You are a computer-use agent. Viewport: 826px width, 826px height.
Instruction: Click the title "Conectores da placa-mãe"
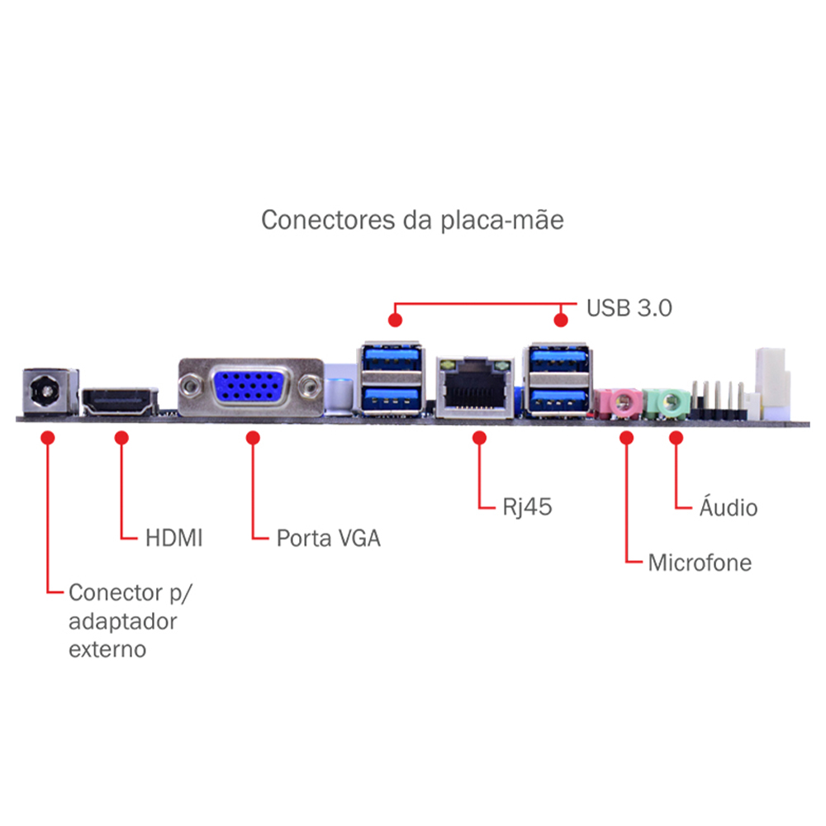pos(412,221)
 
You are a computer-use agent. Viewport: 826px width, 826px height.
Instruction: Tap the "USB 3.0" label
pos(629,309)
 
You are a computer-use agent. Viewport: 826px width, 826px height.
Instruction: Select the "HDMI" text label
pos(173,538)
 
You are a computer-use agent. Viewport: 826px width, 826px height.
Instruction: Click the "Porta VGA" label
pos(328,539)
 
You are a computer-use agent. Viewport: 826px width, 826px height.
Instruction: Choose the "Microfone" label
pos(700,563)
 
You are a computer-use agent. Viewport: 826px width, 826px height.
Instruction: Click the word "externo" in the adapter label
pos(107,648)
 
